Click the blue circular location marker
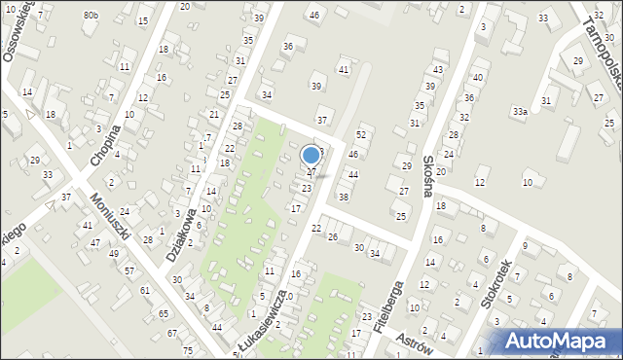coord(311,155)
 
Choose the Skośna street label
coord(427,176)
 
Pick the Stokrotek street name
coord(496,284)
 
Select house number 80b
coord(91,16)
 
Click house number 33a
coord(521,113)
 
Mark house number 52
coord(361,134)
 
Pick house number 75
coord(187,350)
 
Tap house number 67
coord(172,334)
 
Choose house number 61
coord(145,291)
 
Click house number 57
coord(129,270)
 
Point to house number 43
coord(439,70)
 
